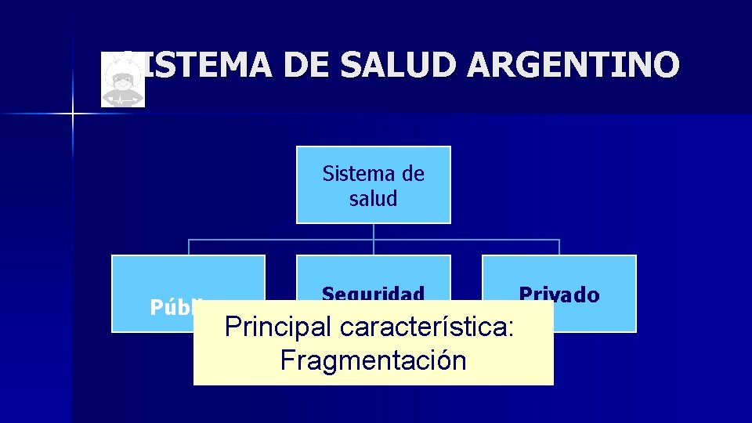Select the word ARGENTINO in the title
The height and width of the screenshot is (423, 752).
[573, 64]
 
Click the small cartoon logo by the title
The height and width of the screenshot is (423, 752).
[123, 80]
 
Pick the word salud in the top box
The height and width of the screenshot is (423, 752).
[374, 198]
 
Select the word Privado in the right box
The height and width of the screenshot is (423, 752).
[559, 295]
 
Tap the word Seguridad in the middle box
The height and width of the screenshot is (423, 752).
[374, 295]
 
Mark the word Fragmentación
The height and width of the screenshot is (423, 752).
[373, 360]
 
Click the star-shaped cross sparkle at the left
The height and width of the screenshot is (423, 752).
[72, 115]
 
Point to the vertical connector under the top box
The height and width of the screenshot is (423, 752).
[374, 231]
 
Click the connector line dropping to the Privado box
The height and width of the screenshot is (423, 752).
[559, 247]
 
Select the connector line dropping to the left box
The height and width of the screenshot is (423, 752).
[188, 247]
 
